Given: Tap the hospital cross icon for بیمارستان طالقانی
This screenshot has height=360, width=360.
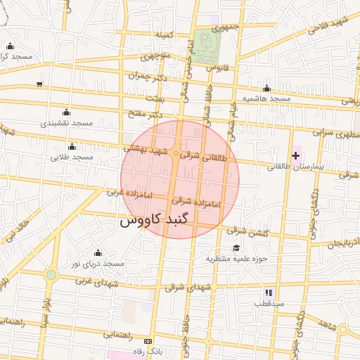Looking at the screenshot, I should click(295, 155).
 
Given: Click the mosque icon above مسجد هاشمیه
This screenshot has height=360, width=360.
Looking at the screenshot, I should click(266, 89).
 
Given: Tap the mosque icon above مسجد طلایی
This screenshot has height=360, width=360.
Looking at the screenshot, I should click(72, 146).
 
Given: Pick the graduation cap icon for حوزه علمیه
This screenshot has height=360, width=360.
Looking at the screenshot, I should click(236, 247).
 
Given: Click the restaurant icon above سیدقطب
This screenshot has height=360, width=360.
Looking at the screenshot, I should click(268, 292).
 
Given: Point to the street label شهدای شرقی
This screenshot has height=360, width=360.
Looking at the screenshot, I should click(188, 287).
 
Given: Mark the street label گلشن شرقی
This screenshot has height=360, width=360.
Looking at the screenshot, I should click(246, 230).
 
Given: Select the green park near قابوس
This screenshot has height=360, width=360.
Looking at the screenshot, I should click(209, 47).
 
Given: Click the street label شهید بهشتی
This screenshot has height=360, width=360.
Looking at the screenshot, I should click(147, 149).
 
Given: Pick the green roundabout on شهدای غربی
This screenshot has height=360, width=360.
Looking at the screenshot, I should click(51, 275).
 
